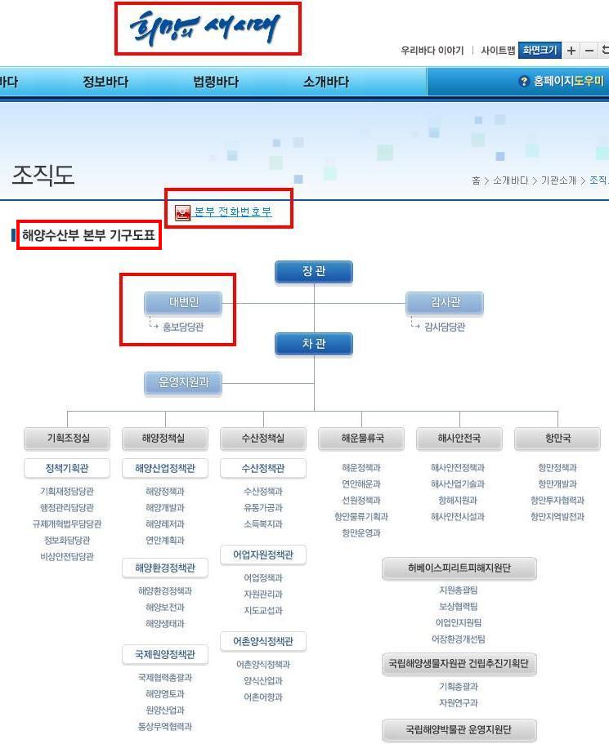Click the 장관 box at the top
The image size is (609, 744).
pos(314,272)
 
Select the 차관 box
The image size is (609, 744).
pos(314,344)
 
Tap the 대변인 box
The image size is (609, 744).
pos(183,302)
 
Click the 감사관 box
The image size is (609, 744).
pos(445,302)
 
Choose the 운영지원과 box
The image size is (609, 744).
pos(183,381)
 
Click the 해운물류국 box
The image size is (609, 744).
pos(361,439)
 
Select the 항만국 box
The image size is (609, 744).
pos(558,439)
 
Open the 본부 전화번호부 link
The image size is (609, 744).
pos(232,212)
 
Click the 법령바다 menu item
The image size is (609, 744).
pos(216,82)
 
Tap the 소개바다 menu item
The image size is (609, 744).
pos(325,82)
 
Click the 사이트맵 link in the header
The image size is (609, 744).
pos(498,51)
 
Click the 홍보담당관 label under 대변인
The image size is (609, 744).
pos(183,327)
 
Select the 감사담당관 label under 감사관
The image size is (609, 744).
pos(445,327)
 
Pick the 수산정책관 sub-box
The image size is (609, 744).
pos(262,469)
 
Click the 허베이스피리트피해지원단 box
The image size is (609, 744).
pos(459,568)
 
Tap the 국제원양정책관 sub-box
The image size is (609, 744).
pos(164,655)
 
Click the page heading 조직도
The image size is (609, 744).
pos(43,175)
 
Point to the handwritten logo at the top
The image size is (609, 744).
pos(208,29)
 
